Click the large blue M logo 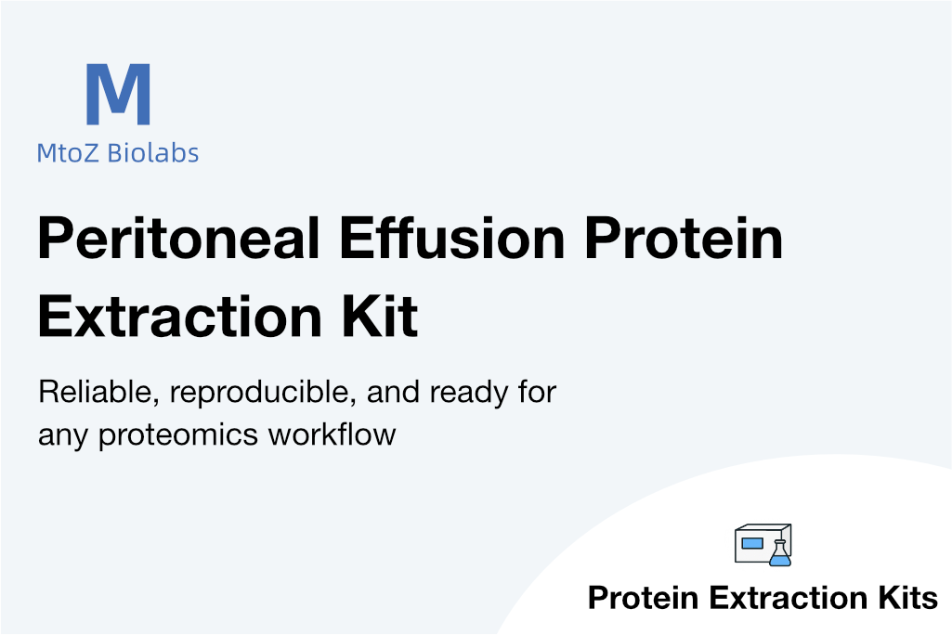[x=118, y=94]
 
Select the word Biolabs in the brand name [x=153, y=152]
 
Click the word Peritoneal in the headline [x=178, y=240]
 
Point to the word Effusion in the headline [x=452, y=238]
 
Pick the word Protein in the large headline [x=685, y=238]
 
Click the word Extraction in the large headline [x=179, y=317]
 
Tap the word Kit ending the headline [x=380, y=317]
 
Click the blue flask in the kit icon [x=780, y=553]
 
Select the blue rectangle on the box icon [x=752, y=543]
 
